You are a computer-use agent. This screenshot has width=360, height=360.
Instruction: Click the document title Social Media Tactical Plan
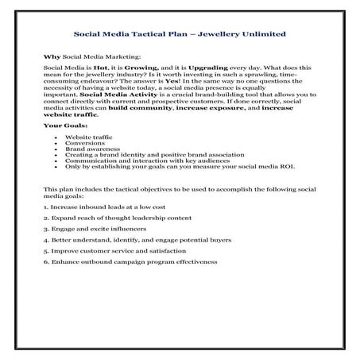click(x=179, y=35)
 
